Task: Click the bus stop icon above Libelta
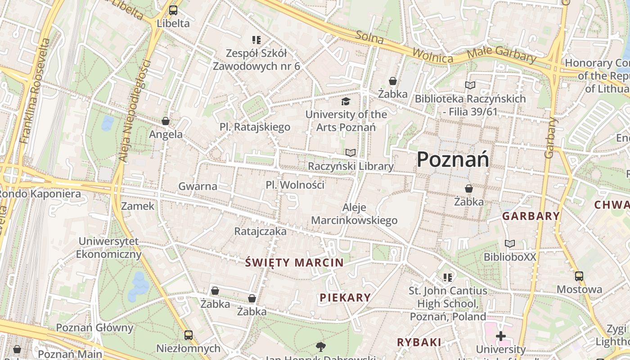(173, 10)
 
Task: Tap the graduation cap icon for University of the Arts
(346, 101)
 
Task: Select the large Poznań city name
(453, 159)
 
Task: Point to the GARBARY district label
(531, 216)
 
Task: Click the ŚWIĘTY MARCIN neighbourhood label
(295, 263)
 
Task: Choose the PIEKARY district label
(346, 297)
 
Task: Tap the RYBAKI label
(419, 342)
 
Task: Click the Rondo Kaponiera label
(40, 194)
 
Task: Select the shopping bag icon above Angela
(166, 121)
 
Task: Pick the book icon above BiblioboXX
(509, 244)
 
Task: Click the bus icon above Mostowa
(579, 276)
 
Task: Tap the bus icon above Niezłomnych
(188, 335)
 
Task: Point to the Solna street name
(369, 37)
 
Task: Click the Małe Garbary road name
(501, 55)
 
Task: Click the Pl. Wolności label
(295, 185)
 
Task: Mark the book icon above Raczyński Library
(351, 153)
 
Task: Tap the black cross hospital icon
(500, 336)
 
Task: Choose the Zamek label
(138, 206)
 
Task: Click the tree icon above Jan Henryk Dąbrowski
(320, 346)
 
